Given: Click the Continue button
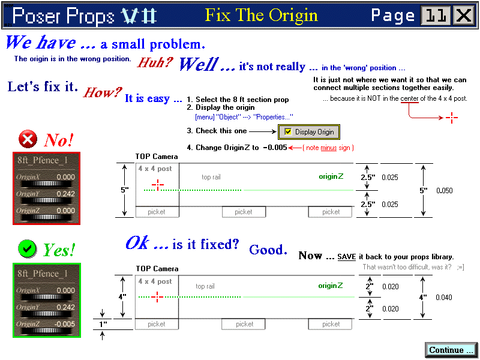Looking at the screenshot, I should coord(451,350).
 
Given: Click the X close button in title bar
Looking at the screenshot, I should coord(464,16).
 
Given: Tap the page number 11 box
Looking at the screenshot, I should coord(436,16).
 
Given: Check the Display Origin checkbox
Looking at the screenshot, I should coord(289,131).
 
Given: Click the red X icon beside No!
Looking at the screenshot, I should coord(28,140).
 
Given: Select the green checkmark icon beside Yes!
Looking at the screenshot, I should coord(28,248).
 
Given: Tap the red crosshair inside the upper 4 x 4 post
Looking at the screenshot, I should coord(157,185).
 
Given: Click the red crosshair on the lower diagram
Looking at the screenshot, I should coord(157,296).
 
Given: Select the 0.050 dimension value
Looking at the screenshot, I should coord(445,191).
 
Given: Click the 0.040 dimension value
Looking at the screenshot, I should coord(444,297).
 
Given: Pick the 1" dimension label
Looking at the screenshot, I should coord(104,324).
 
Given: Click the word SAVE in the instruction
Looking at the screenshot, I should coord(346,257).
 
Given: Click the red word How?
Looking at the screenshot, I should coord(102,92).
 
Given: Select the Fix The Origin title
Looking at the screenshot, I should coord(262,15).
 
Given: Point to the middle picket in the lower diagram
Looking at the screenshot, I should coord(244,324).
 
